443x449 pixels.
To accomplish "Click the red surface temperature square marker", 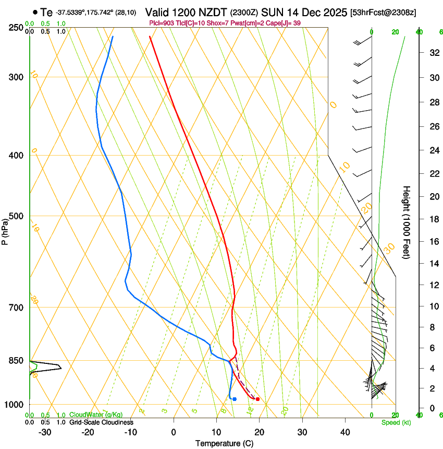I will click(x=257, y=399).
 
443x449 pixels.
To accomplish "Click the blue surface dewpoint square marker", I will click(x=235, y=399).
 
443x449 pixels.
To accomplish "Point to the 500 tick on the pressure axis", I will click(x=17, y=216).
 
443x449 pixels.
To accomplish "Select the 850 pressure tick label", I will click(x=17, y=361).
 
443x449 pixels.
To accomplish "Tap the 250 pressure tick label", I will click(x=17, y=27).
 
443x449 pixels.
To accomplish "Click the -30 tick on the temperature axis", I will click(x=45, y=432).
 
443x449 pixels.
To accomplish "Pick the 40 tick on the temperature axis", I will click(x=345, y=432).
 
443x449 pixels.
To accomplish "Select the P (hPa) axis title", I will click(x=5, y=230).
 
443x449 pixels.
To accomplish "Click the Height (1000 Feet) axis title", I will click(x=407, y=222).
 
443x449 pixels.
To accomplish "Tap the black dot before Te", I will click(x=35, y=12).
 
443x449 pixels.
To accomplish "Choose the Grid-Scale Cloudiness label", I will click(x=101, y=422).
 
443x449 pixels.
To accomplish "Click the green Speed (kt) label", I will click(x=396, y=422).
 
